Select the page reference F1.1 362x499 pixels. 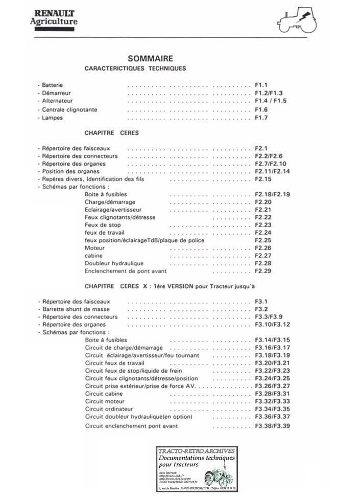(261, 85)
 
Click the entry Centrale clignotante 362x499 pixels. (69, 110)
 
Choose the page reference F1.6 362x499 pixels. (261, 110)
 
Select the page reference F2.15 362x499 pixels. (263, 179)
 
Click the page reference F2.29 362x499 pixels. (263, 271)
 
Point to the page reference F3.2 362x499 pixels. (261, 309)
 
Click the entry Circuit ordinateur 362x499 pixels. (109, 409)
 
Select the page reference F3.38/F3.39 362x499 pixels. (272, 426)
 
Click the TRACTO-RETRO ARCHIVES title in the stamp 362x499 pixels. (197, 451)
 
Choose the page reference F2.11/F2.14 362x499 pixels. (272, 172)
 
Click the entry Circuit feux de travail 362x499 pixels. (115, 363)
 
